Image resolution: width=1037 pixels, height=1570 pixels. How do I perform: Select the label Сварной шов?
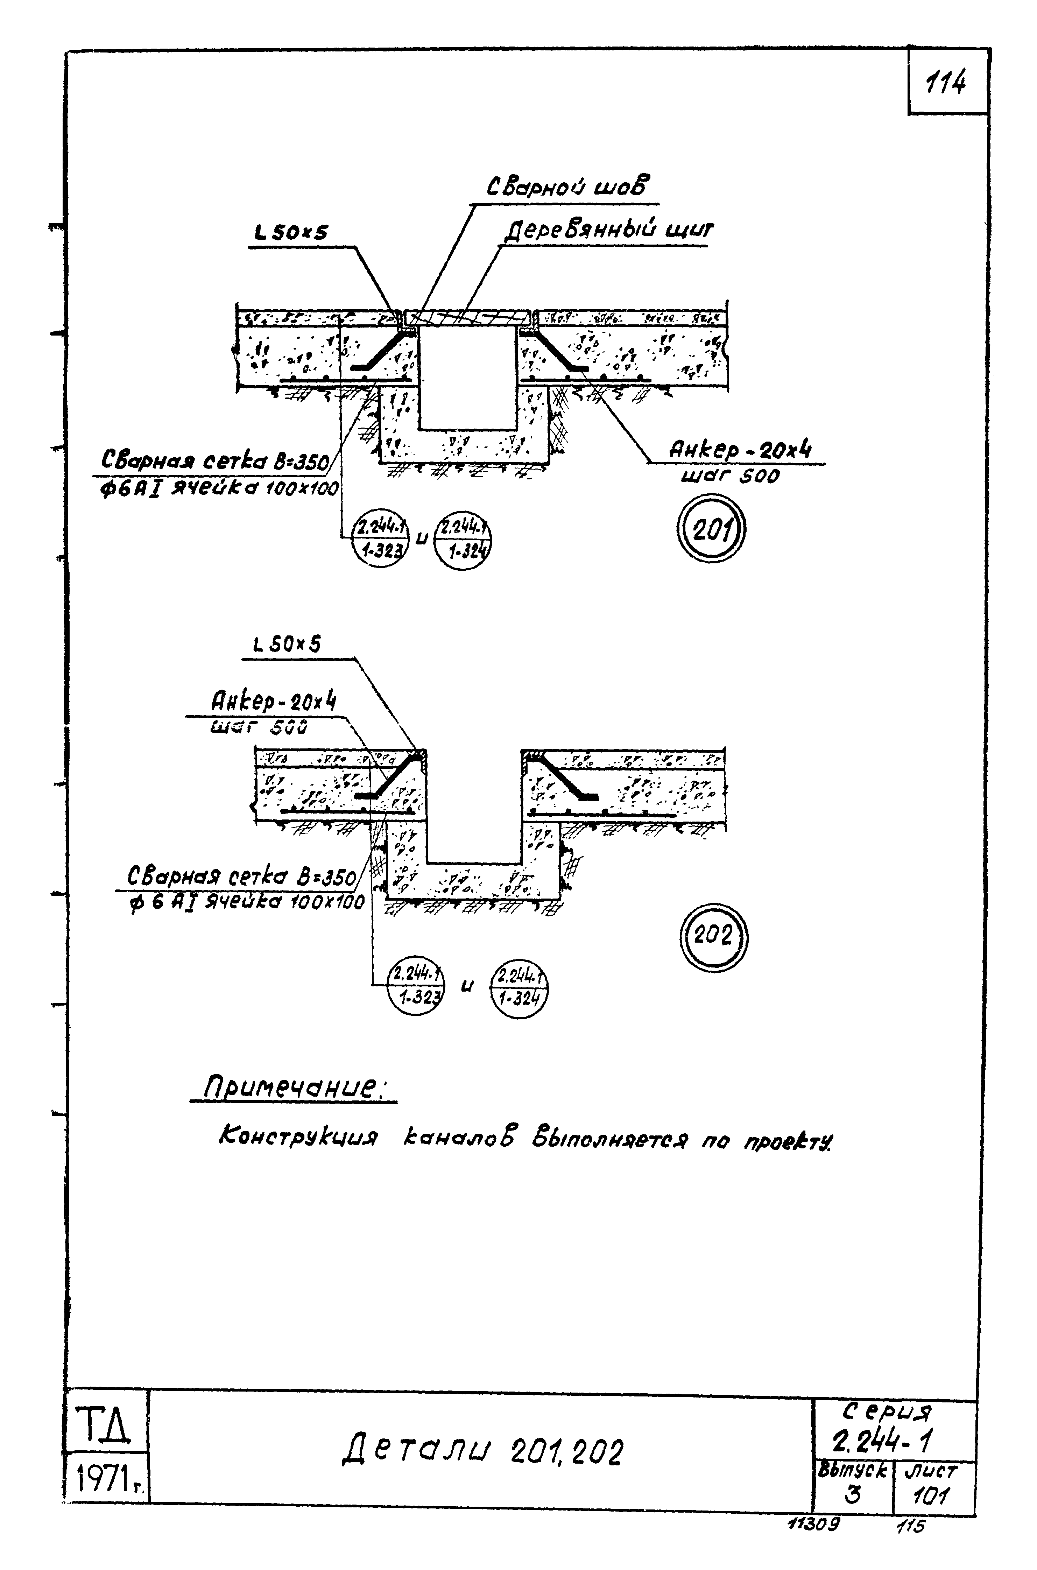pyautogui.click(x=567, y=186)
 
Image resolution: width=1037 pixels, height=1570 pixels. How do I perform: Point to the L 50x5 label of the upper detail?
pyautogui.click(x=291, y=233)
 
